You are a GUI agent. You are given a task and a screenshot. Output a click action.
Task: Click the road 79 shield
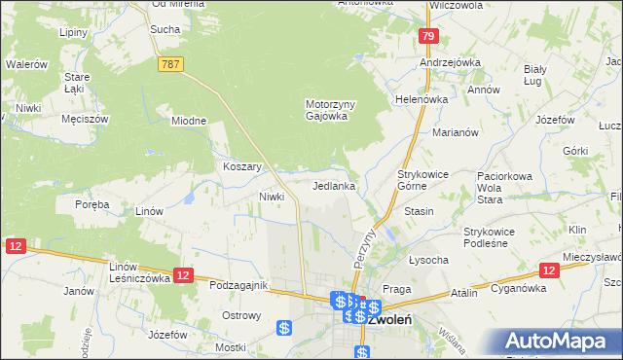coord(428,37)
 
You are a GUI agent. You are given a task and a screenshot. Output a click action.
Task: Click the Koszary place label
coord(242,166)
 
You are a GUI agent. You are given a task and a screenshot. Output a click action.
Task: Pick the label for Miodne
coord(189,121)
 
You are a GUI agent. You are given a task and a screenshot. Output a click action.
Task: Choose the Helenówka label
coord(421,99)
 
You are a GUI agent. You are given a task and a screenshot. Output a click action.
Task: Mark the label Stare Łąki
coord(77,82)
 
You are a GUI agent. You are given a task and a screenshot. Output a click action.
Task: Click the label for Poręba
coord(92,204)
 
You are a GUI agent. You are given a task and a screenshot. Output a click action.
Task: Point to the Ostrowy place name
coord(241,315)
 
